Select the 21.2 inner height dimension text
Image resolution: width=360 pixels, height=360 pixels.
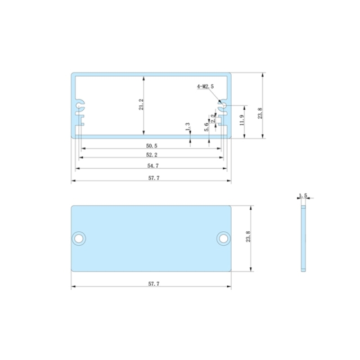(141, 105)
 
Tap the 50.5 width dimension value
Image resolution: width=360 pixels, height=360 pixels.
(151, 145)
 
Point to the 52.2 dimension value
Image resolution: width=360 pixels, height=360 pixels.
(151, 155)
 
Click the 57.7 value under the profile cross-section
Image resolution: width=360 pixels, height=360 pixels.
(151, 177)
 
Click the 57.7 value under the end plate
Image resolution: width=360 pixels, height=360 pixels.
(151, 284)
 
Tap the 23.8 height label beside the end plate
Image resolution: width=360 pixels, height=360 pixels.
(248, 238)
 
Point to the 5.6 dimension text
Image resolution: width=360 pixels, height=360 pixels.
(206, 128)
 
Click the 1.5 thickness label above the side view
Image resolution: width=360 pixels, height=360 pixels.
(303, 196)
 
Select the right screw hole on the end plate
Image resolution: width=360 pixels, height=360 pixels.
(224, 238)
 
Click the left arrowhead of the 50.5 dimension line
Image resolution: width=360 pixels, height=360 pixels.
(83, 148)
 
